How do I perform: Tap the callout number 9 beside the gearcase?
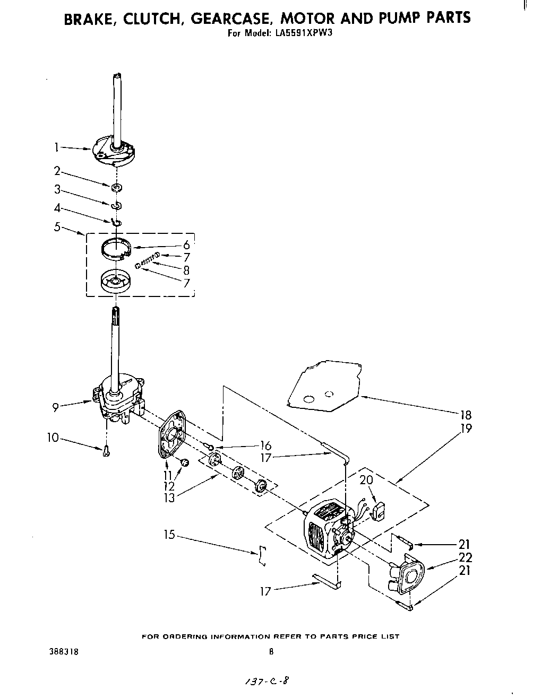[56, 407]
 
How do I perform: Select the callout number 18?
[466, 415]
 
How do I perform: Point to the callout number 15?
[169, 535]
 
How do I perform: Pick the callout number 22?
[466, 557]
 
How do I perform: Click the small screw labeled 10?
[106, 451]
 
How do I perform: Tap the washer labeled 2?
[116, 187]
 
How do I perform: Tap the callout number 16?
[266, 446]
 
